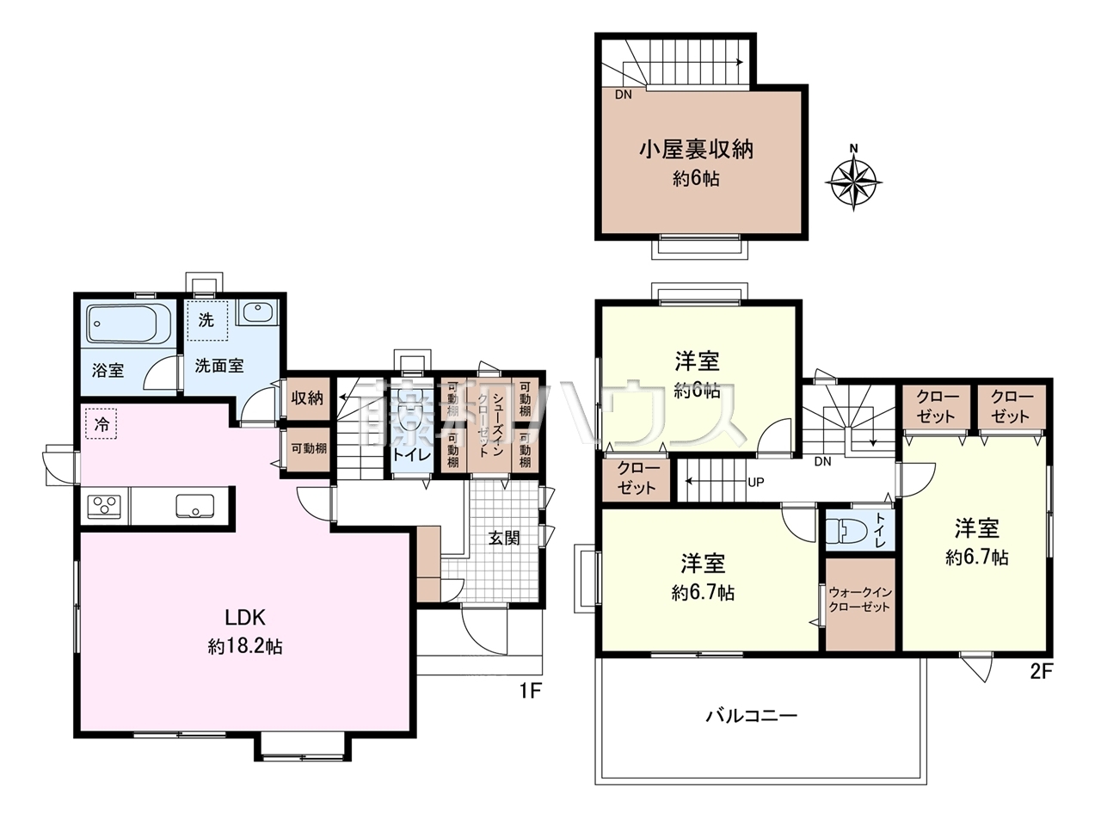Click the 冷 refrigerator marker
101,424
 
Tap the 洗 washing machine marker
206,321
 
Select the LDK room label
244,617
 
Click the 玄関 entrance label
504,538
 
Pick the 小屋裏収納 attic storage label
696,149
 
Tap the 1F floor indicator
528,690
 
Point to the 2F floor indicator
1041,672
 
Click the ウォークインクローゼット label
859,599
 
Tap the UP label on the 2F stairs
755,482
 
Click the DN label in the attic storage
624,95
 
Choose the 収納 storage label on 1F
307,398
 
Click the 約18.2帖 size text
244,647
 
